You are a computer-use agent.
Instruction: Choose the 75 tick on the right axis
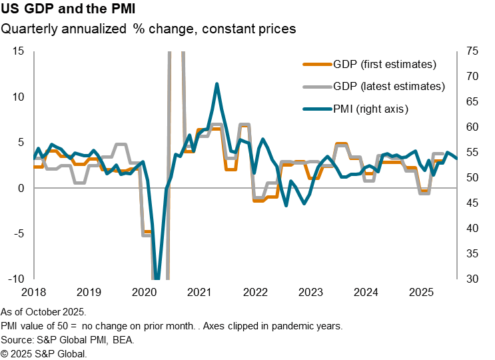click(x=472, y=51)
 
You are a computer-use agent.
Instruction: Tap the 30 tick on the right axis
click(x=472, y=279)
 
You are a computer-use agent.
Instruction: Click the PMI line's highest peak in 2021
click(x=217, y=84)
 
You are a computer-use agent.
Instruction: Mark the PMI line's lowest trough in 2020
click(x=157, y=277)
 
